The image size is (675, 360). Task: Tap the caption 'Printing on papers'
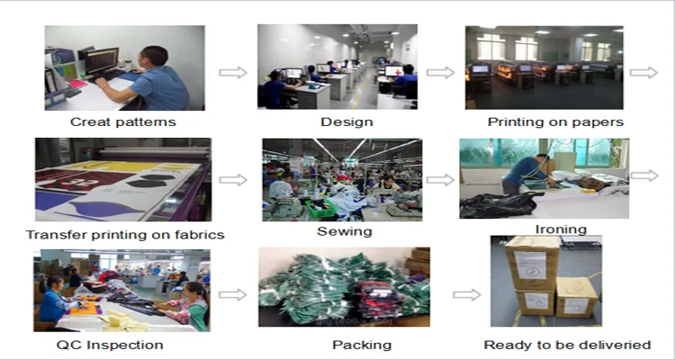tap(555, 121)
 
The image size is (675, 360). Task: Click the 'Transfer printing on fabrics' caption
tap(125, 235)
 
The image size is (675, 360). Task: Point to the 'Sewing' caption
tap(344, 231)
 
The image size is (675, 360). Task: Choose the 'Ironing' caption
tap(561, 230)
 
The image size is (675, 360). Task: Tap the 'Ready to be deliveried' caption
tap(567, 345)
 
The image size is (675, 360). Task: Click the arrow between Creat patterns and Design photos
tap(233, 72)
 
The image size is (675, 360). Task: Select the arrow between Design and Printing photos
tap(440, 72)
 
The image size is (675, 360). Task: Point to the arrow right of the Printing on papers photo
tap(643, 72)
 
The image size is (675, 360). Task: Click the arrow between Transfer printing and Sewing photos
tap(233, 179)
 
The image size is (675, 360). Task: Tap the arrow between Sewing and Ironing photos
tap(440, 179)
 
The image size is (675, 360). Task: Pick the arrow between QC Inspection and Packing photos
tap(233, 293)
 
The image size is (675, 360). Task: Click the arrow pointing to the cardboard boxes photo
tap(466, 293)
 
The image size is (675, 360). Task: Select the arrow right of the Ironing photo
tap(643, 175)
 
